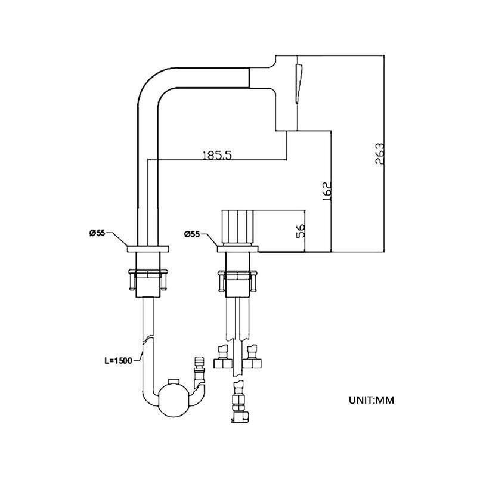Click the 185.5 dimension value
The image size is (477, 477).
217,155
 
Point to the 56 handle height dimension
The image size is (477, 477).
301,230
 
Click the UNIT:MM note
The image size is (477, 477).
371,400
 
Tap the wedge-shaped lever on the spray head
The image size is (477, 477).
299,83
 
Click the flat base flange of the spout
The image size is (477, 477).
148,248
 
